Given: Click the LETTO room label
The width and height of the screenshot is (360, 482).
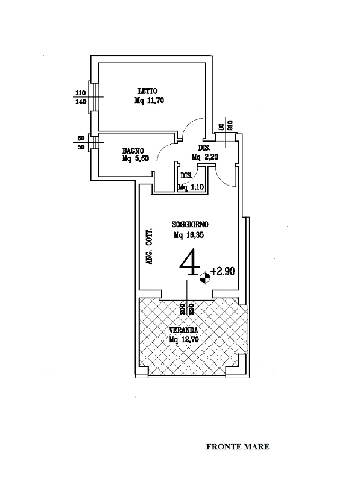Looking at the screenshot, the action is [147, 91].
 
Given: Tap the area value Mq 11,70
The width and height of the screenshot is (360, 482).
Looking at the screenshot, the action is [149, 100].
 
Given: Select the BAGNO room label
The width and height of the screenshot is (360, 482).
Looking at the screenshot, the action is [133, 151].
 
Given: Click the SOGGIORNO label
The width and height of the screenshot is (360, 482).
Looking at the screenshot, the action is [191, 224].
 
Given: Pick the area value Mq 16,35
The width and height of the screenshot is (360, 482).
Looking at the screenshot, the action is [189, 235].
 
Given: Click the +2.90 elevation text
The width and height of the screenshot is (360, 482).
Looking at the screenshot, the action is [223, 271].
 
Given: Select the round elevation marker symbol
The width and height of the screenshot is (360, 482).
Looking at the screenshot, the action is [204, 278].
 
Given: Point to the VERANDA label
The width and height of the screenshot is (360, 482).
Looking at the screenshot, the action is [183, 330].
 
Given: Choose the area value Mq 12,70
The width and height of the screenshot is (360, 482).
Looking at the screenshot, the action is [184, 339].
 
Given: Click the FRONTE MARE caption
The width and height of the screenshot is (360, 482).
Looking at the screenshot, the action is [238, 446].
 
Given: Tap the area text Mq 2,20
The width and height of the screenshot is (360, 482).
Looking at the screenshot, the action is [205, 157].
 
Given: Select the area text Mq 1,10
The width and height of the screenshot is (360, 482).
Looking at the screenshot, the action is [191, 187].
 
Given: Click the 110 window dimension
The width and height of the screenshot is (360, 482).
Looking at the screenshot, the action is [81, 92].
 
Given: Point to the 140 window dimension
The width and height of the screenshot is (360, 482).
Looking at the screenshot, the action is [81, 102].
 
